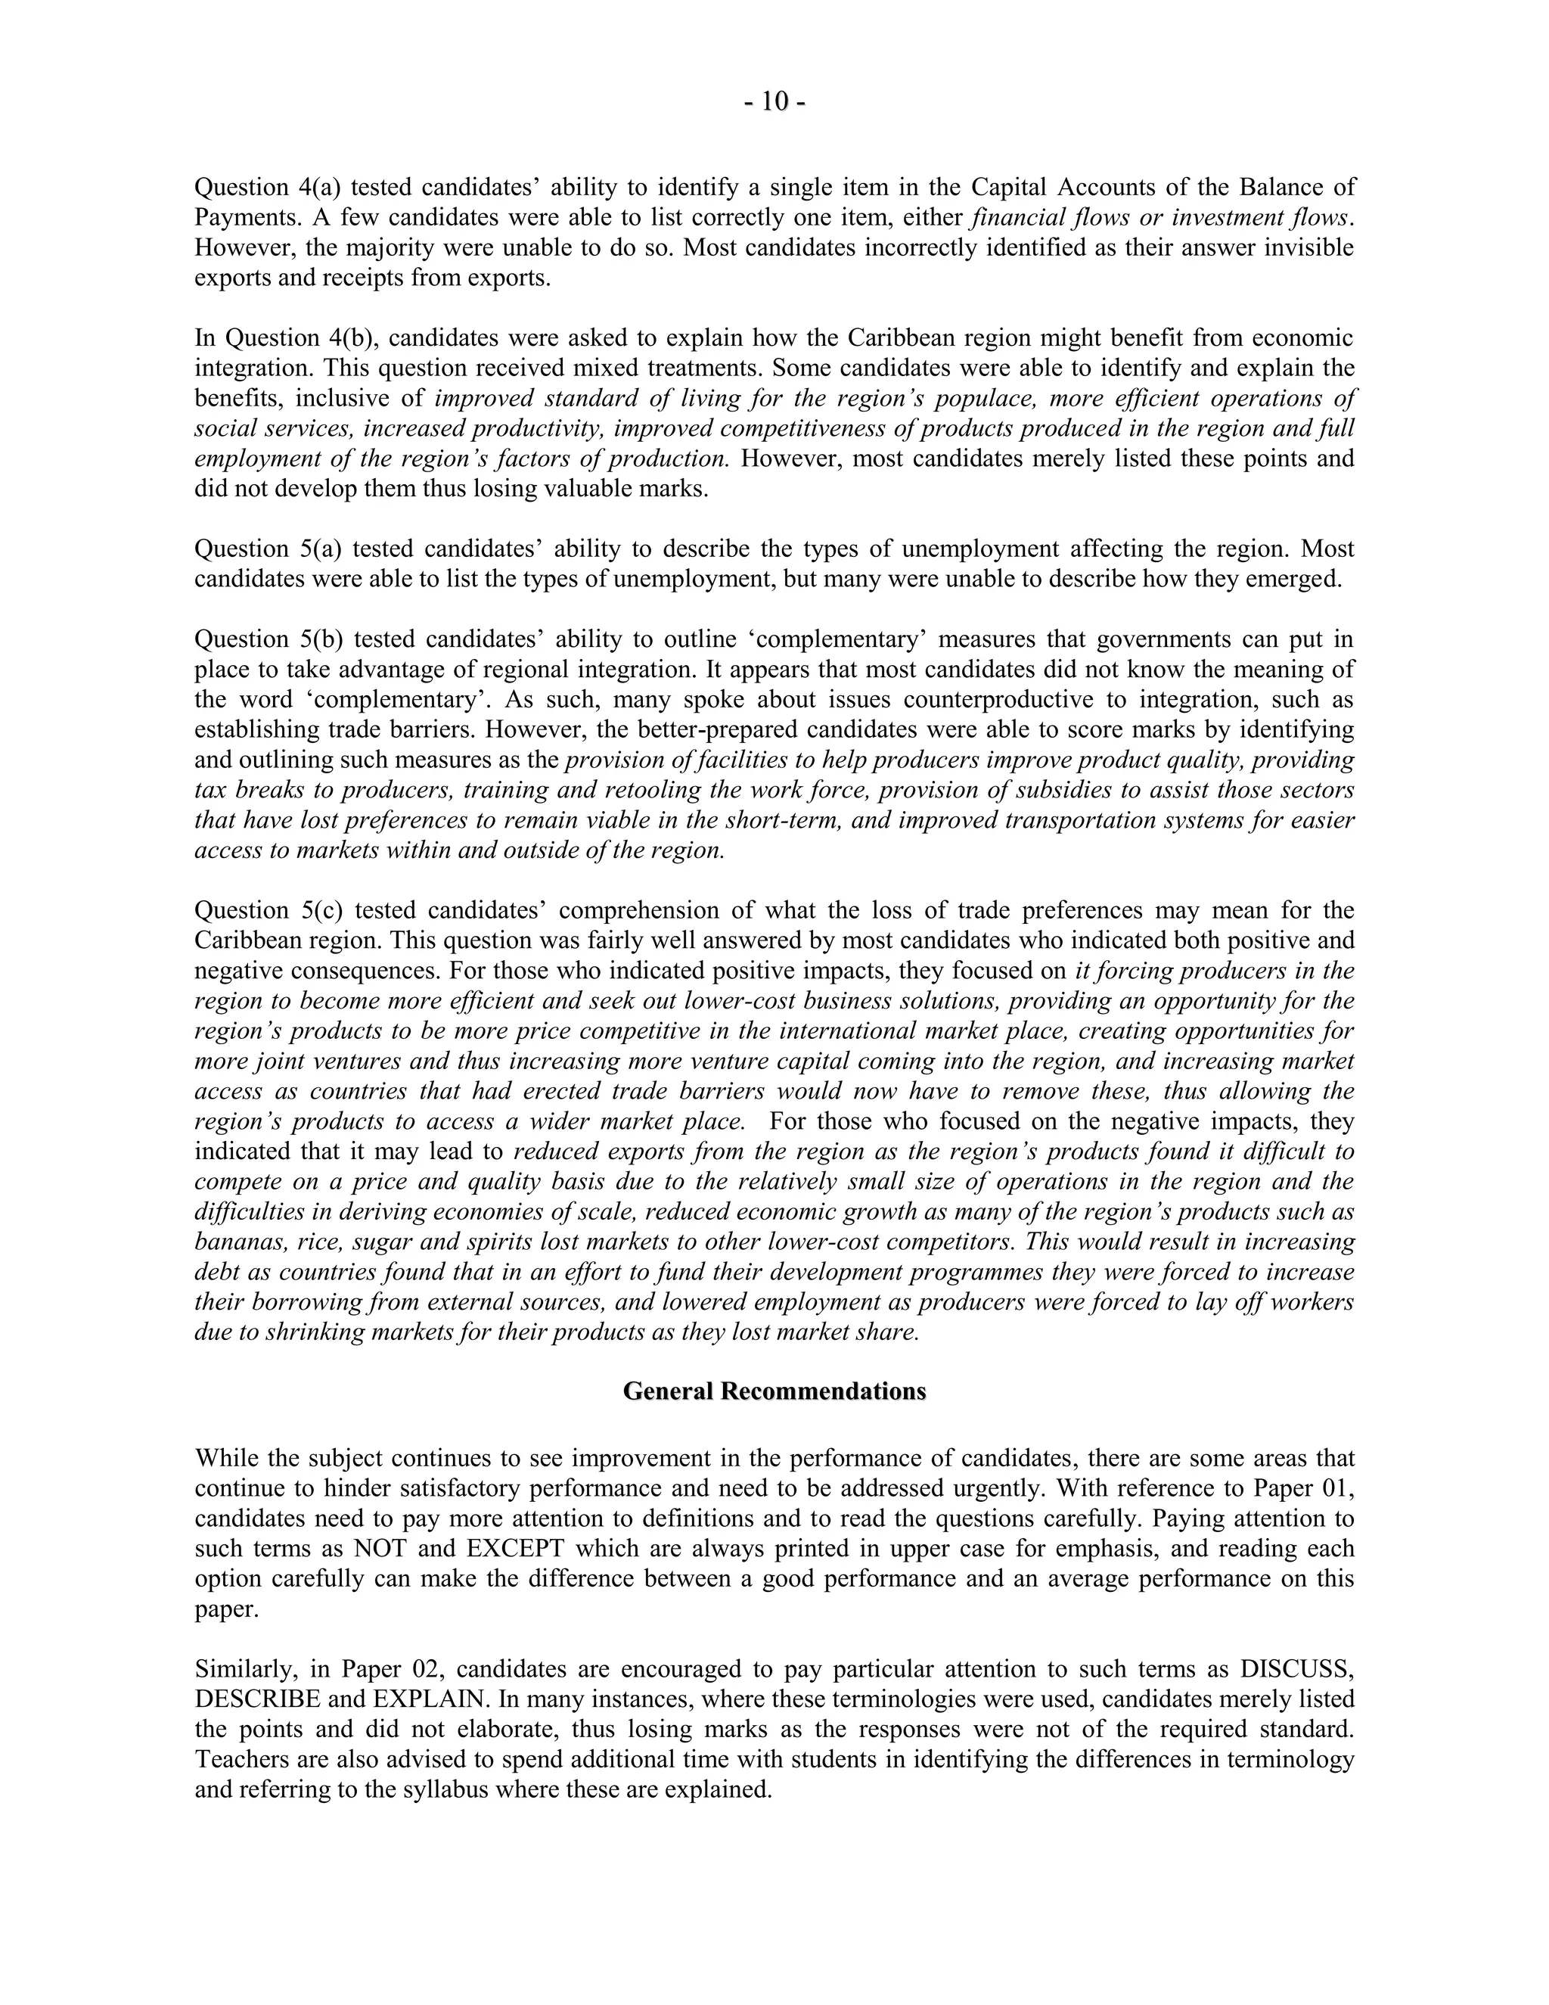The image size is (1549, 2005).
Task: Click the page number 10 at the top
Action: (x=774, y=102)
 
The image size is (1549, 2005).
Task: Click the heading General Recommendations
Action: (x=774, y=1391)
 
